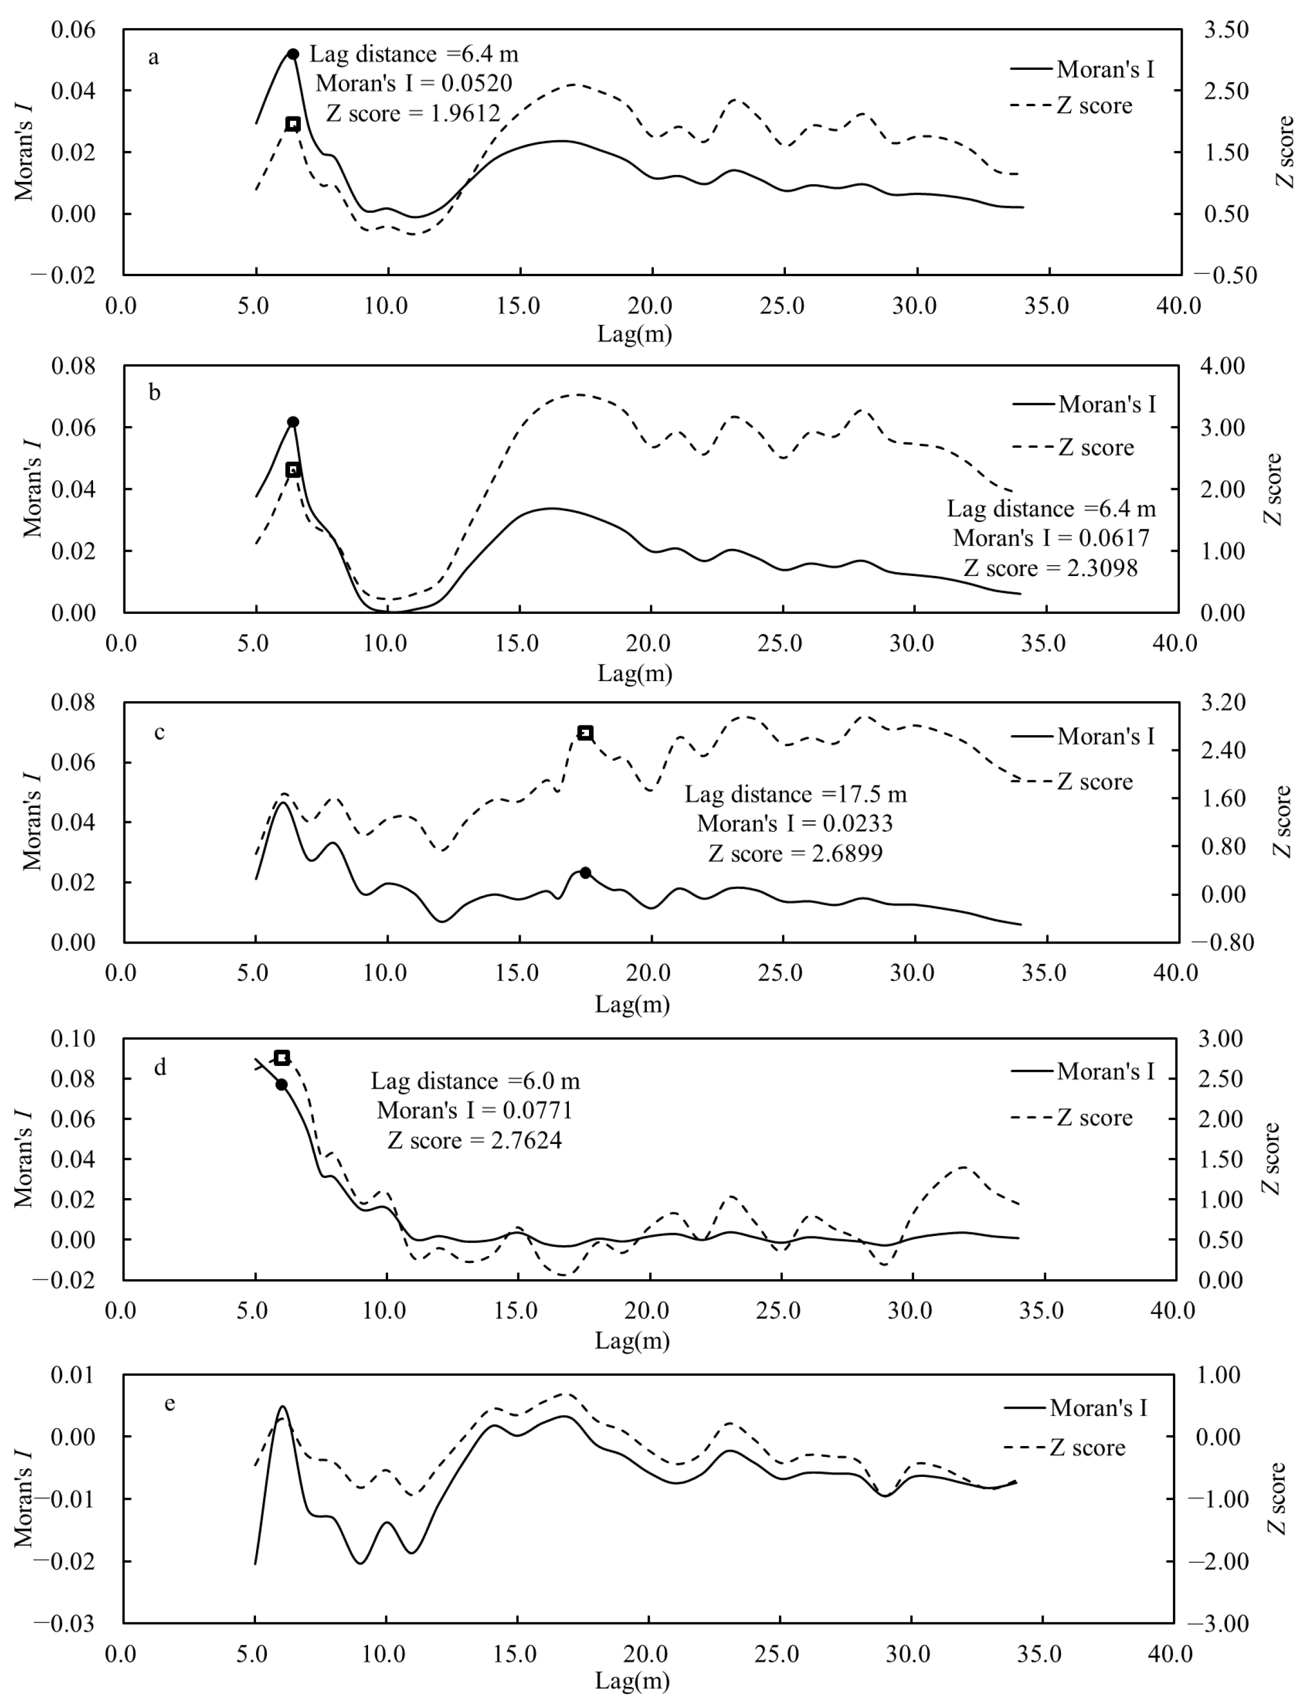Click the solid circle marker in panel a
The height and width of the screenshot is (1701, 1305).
293,54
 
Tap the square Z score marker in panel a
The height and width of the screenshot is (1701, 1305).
293,125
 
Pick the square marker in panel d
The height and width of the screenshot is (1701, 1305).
282,1057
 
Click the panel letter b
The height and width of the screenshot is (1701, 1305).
155,392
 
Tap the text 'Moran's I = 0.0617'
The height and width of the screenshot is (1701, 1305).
1051,538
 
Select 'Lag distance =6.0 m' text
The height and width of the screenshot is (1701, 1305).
475,1081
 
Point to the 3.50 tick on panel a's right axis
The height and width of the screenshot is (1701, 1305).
1226,30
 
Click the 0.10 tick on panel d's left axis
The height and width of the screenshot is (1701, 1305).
73,1038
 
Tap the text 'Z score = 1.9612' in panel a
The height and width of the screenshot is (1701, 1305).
412,113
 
